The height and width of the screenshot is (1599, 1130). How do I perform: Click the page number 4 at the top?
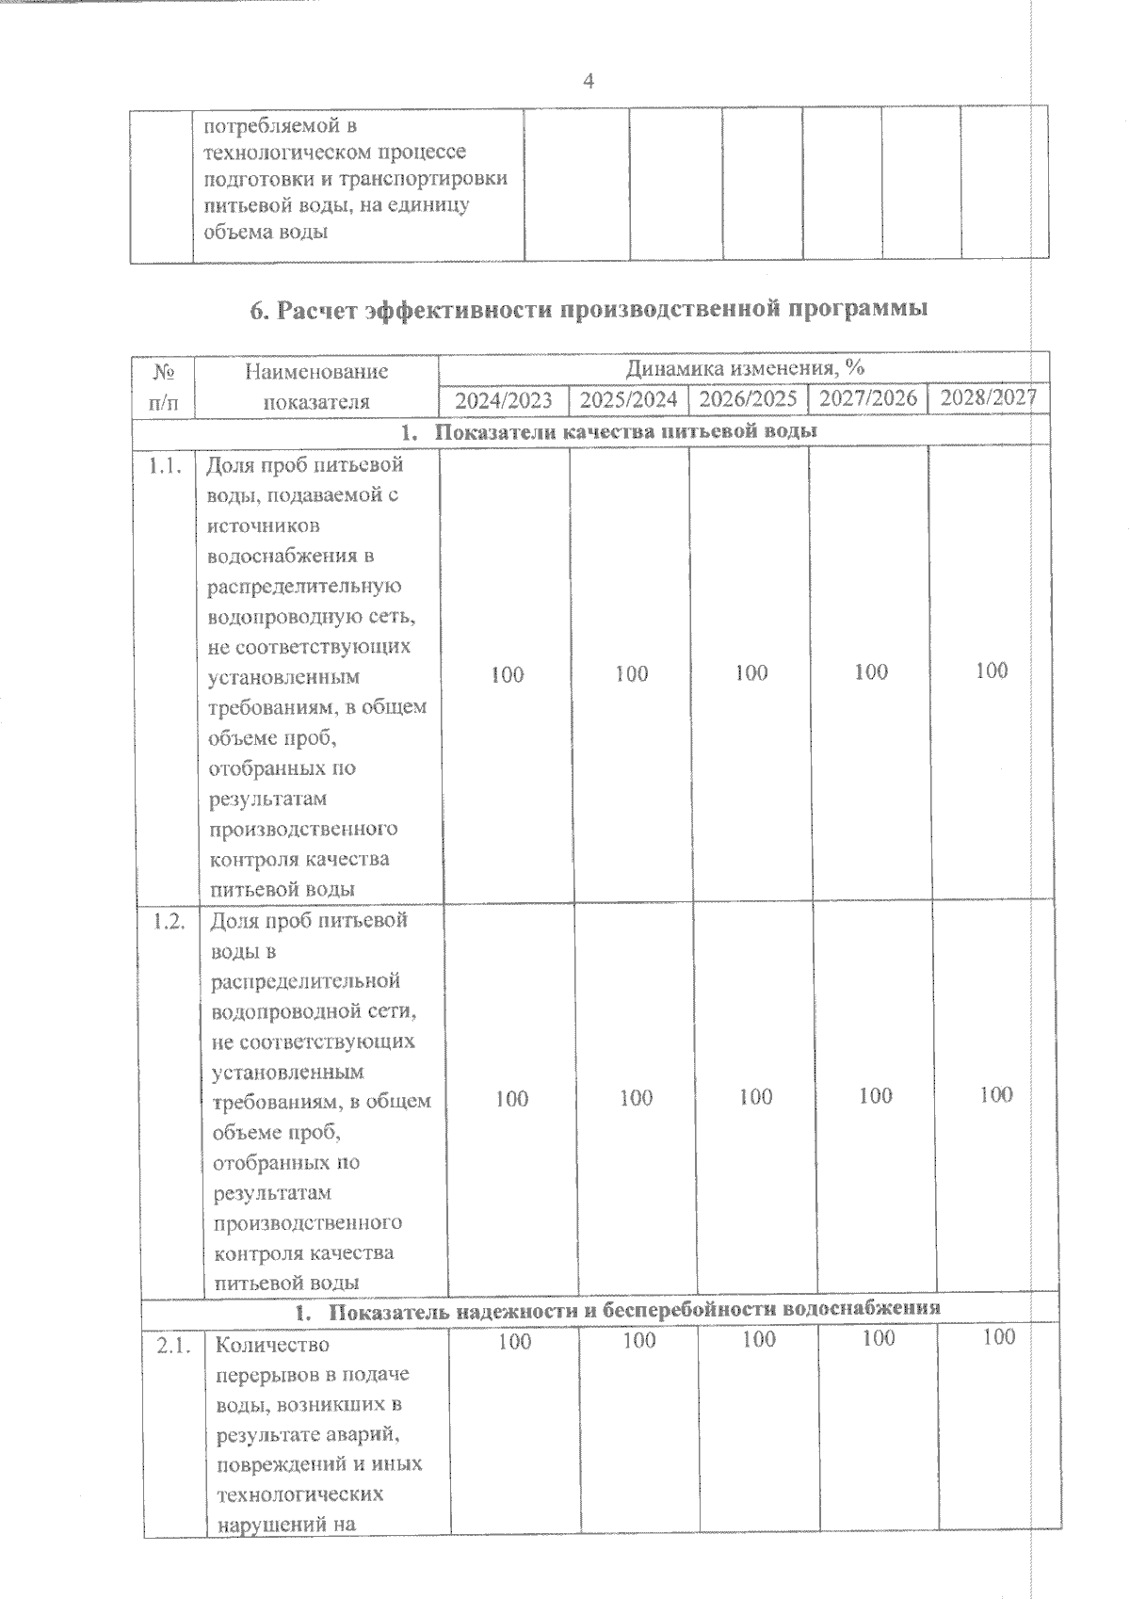589,82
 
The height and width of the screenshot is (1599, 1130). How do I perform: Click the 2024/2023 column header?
504,400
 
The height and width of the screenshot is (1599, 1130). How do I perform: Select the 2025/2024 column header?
628,399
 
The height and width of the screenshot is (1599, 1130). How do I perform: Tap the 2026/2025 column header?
748,398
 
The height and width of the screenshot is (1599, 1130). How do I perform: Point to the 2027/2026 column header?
867,397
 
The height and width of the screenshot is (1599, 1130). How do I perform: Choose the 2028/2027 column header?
989,396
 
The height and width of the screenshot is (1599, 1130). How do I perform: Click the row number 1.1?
165,465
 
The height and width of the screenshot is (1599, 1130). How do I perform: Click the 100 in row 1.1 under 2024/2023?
508,674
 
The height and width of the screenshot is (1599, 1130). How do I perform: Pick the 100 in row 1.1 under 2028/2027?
992,670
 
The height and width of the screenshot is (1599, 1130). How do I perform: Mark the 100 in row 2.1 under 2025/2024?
639,1340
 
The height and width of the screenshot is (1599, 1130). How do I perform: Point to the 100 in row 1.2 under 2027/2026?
876,1095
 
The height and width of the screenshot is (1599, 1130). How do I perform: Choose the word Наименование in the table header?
316,371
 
